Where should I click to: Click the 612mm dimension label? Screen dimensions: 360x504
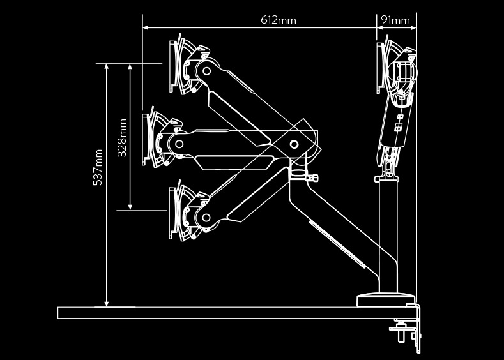pos(278,20)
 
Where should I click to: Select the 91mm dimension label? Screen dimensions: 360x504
pos(395,20)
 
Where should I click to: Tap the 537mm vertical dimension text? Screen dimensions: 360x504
pos(98,167)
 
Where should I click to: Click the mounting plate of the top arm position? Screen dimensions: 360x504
pos(174,64)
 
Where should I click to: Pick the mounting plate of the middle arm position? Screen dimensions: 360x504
pos(147,139)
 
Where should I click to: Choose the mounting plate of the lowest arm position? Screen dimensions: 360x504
pos(173,211)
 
